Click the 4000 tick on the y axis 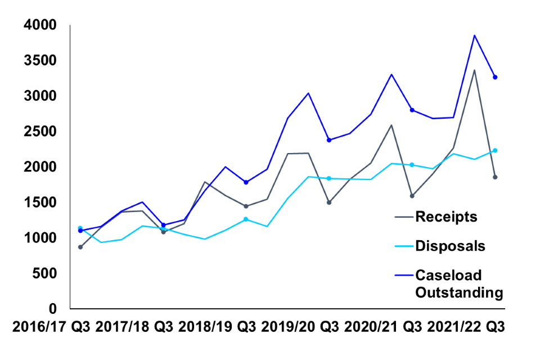pos(40,25)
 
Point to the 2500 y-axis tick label pos(40,132)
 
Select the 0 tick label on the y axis pos(53,309)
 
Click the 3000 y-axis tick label pos(40,96)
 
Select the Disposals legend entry pos(449,246)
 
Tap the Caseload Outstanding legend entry pos(458,283)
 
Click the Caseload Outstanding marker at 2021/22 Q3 pos(495,77)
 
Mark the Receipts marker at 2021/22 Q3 pos(495,177)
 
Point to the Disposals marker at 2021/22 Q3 pos(495,150)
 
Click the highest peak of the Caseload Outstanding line pos(474,35)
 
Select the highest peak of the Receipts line pos(474,70)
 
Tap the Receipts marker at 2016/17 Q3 pos(80,247)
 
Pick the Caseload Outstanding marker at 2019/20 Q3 pos(329,140)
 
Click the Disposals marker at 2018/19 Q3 pos(246,219)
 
